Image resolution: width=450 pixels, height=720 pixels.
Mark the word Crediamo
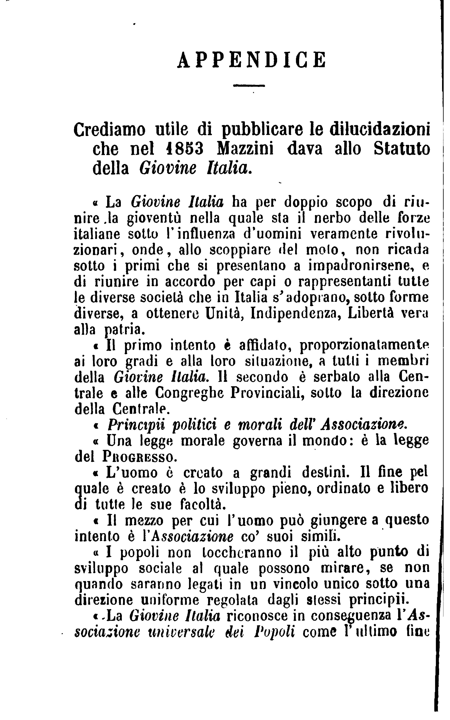click(110, 130)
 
